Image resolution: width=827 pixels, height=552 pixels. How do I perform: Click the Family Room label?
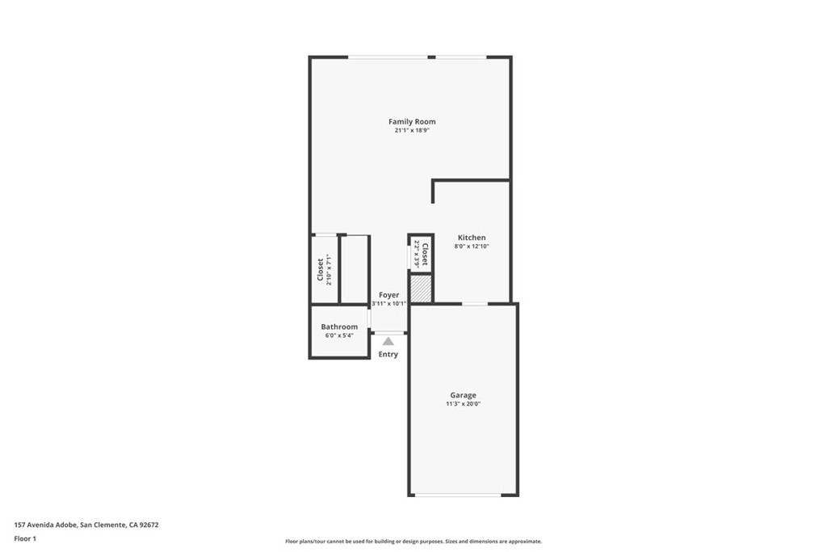point(412,122)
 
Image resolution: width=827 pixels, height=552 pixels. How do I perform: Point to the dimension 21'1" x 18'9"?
point(412,131)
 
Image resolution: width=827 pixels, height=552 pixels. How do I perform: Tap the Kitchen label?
point(472,238)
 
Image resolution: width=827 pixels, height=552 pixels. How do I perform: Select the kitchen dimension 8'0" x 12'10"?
point(472,247)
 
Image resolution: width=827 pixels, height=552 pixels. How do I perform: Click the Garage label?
point(463,395)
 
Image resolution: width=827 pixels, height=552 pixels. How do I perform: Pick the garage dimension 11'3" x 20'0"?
point(463,404)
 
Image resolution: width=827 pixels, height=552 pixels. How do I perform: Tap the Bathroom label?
point(339,327)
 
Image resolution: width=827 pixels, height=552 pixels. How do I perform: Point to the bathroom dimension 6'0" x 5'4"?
point(339,335)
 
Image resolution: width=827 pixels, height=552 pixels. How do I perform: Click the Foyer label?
point(388,296)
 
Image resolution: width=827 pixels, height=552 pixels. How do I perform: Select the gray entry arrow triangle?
point(388,342)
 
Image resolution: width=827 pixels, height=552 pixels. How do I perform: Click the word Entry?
point(388,355)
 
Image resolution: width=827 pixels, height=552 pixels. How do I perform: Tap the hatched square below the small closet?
point(421,289)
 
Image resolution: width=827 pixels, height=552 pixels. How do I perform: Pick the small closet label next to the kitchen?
point(424,253)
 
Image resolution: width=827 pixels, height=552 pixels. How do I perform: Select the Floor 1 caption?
point(26,538)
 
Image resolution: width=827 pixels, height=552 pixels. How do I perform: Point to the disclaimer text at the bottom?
point(413,541)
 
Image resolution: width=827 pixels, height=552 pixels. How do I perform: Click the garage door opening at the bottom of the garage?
point(463,495)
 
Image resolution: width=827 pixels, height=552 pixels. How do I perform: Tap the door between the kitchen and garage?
point(474,304)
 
